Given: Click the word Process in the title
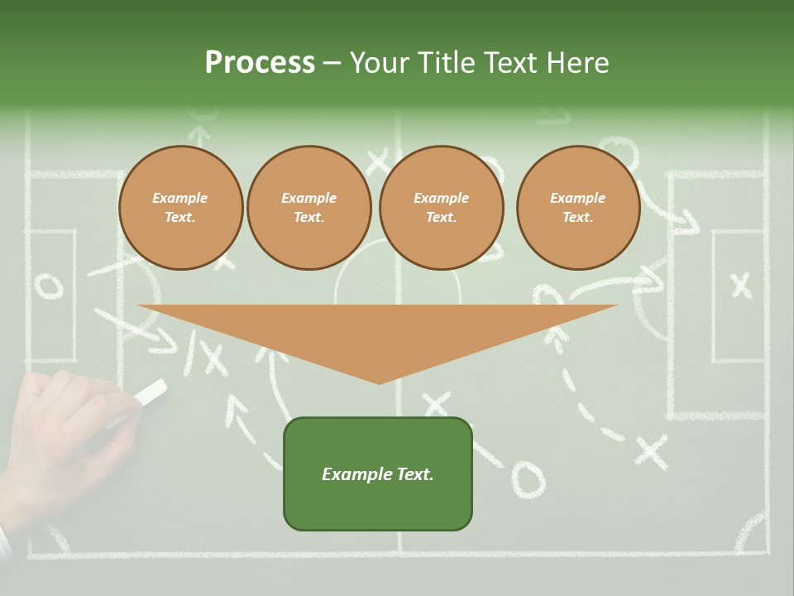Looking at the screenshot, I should (x=260, y=63).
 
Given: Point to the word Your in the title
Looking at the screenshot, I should (x=379, y=63).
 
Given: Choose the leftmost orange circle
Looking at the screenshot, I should (x=180, y=208).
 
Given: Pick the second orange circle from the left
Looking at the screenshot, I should (x=309, y=208).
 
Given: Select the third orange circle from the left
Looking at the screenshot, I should (x=441, y=208).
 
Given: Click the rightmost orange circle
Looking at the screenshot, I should (x=577, y=208).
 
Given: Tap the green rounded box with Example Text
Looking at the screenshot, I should (x=378, y=473).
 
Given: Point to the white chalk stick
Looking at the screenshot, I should (x=149, y=394).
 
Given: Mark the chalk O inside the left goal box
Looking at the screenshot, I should (x=49, y=286).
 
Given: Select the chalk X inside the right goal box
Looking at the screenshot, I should (x=741, y=285).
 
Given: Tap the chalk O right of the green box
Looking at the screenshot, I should (x=528, y=479).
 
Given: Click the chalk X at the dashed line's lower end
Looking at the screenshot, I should (x=651, y=451).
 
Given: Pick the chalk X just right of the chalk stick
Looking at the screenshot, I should (x=213, y=358).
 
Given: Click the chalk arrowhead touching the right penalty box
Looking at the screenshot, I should (x=685, y=222).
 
